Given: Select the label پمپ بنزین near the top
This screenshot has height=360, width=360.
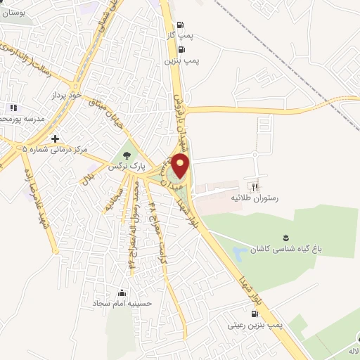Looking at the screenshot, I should [x=182, y=61].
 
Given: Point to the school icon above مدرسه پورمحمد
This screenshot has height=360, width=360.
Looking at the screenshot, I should [x=12, y=108].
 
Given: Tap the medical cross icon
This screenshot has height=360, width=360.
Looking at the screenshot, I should [x=55, y=137].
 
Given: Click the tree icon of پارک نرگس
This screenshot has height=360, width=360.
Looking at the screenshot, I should [x=127, y=155].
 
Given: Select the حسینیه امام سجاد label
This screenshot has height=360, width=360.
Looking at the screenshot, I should [x=123, y=304].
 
